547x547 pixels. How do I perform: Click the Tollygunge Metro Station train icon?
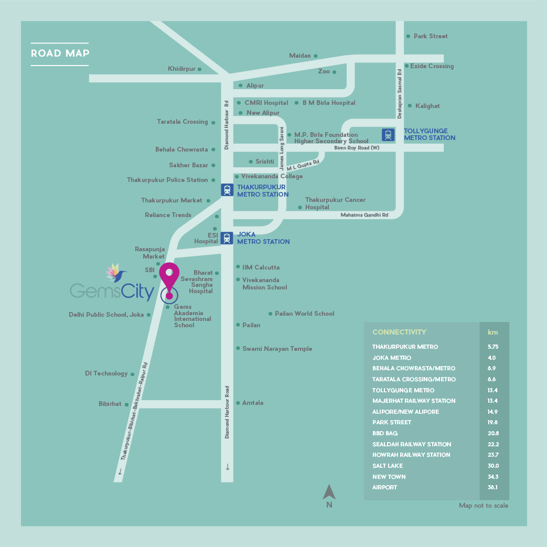click(388, 135)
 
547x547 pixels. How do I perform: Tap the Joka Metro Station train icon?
click(227, 238)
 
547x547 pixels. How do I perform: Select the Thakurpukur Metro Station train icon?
click(227, 190)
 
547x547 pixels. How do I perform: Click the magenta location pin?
click(169, 279)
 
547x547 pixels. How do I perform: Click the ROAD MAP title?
click(60, 53)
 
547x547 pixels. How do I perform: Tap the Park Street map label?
click(431, 36)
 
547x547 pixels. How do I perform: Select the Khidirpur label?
click(182, 69)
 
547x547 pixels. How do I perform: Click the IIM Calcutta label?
click(261, 267)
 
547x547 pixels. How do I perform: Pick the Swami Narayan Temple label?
click(277, 349)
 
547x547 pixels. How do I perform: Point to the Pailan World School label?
click(305, 313)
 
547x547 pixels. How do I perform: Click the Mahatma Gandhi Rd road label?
click(364, 215)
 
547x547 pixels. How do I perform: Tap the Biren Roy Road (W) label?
click(357, 147)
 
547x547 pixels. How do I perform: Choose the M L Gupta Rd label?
click(303, 165)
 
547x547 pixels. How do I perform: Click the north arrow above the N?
click(329, 492)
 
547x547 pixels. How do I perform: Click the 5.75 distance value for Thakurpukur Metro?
click(493, 347)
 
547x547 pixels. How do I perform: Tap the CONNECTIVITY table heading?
click(399, 332)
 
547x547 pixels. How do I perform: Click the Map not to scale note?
click(484, 506)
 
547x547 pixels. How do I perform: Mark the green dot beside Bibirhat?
click(126, 405)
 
